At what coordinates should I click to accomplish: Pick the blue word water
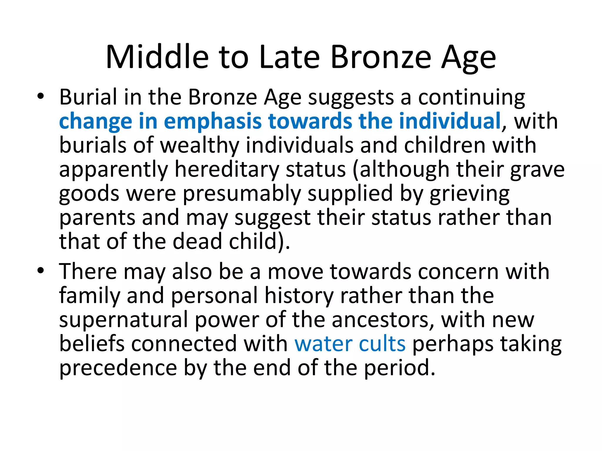[x=323, y=344]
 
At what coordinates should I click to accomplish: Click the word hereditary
[x=227, y=170]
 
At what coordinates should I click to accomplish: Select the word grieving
[x=469, y=194]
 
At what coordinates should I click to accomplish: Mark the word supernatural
[x=123, y=319]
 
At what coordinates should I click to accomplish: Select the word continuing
[x=471, y=97]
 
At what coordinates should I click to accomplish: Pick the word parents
[x=97, y=218]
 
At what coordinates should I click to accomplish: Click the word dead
[x=197, y=241]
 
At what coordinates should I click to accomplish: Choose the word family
[x=90, y=295]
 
